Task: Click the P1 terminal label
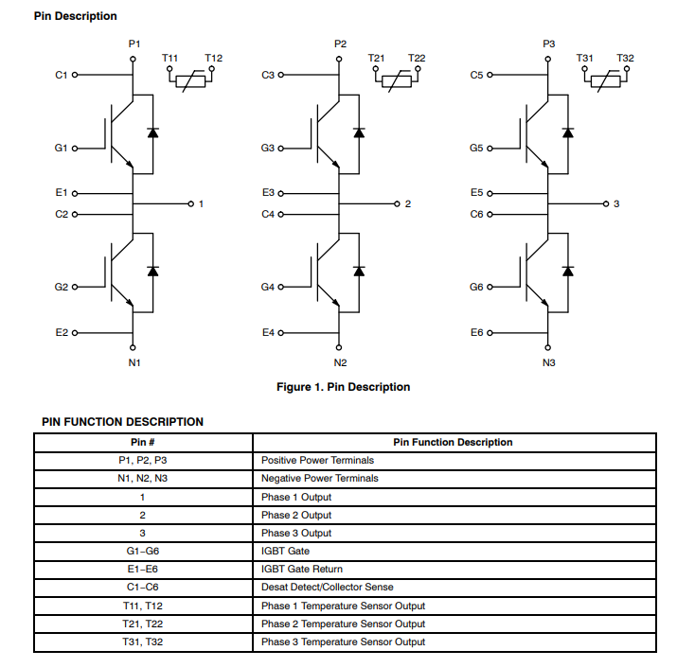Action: pyautogui.click(x=134, y=44)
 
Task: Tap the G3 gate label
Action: pyautogui.click(x=267, y=149)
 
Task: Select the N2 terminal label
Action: pyautogui.click(x=340, y=362)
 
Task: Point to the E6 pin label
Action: pyautogui.click(x=476, y=333)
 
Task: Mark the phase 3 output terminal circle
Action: pyautogui.click(x=605, y=203)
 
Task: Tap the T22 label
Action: pyautogui.click(x=417, y=59)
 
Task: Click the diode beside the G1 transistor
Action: pyautogui.click(x=153, y=132)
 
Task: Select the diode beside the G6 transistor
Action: pyautogui.click(x=567, y=270)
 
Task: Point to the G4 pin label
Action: pyautogui.click(x=267, y=287)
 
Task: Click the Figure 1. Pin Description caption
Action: pyautogui.click(x=343, y=387)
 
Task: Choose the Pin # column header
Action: pyautogui.click(x=143, y=442)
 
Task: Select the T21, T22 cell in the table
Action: pyautogui.click(x=143, y=624)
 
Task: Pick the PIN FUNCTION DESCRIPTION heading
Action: pyautogui.click(x=122, y=422)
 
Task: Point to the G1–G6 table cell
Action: pyautogui.click(x=143, y=551)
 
